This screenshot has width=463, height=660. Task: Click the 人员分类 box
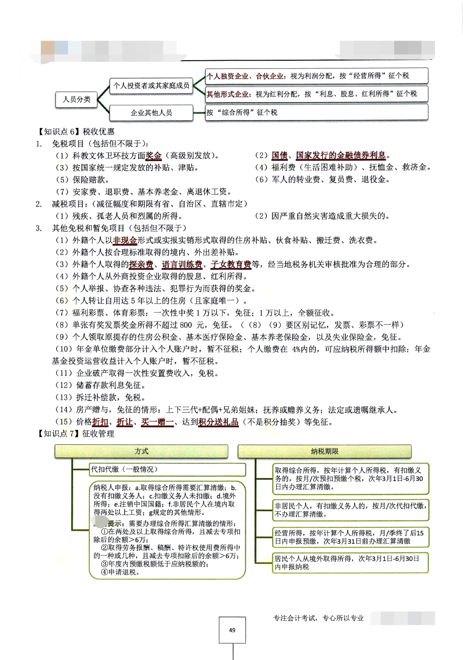[76, 99]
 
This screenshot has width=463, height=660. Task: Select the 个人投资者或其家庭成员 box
[151, 86]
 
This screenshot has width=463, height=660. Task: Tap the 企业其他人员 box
[151, 113]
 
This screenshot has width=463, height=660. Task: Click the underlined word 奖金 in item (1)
[154, 156]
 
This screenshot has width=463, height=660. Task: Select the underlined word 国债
[279, 156]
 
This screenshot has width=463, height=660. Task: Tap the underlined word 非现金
[125, 240]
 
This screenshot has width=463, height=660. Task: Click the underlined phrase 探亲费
[141, 264]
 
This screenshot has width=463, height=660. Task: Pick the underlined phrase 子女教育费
[231, 264]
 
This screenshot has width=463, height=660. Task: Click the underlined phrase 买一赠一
[157, 422]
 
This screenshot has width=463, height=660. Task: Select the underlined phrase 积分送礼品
[218, 422]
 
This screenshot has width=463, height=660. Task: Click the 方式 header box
[141, 451]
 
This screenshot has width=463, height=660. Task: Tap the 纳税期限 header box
[324, 451]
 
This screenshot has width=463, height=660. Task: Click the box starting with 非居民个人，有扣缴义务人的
[350, 510]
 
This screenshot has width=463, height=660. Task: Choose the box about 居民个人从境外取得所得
[350, 563]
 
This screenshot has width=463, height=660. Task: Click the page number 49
[232, 630]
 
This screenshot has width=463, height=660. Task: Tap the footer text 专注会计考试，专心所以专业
[319, 618]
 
